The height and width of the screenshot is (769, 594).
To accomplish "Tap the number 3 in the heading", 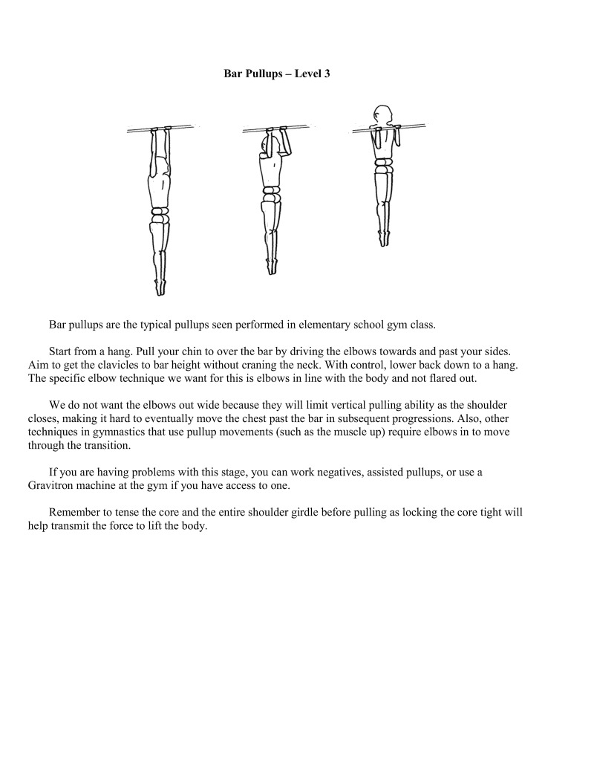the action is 327,74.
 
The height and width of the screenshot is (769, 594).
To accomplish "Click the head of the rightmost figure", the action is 382,115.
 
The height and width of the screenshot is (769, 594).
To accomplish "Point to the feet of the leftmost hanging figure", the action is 160,288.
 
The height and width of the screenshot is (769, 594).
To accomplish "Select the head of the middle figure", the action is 267,146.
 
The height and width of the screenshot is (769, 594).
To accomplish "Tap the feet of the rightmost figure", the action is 384,238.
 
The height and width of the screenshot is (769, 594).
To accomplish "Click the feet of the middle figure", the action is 271,267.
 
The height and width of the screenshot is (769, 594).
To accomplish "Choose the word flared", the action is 442,379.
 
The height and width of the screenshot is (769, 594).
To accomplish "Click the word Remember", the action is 74,513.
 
